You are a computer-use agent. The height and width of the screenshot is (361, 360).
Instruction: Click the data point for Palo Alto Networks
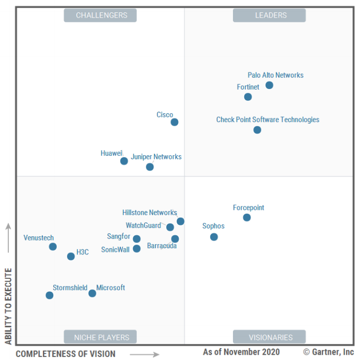click(x=269, y=85)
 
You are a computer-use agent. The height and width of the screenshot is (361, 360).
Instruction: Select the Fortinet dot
click(x=248, y=97)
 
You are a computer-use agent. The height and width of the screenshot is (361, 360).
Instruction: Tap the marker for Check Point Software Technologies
click(x=257, y=130)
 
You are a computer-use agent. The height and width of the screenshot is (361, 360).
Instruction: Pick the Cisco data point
click(x=175, y=122)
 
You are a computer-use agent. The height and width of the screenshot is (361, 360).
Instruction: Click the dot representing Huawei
click(x=124, y=161)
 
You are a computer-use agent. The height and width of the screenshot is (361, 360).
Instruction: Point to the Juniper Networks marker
click(x=150, y=167)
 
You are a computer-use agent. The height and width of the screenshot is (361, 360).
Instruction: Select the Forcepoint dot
click(x=247, y=217)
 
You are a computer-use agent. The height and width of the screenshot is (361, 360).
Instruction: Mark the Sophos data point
click(x=214, y=237)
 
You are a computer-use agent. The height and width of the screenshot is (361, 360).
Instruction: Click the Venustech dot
click(x=53, y=247)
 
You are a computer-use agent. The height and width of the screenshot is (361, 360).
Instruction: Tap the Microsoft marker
click(x=92, y=293)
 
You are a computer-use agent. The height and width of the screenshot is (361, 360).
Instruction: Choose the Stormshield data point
click(x=50, y=295)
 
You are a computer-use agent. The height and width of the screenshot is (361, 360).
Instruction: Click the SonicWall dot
click(x=136, y=249)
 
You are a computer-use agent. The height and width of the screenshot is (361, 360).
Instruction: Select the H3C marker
click(x=71, y=257)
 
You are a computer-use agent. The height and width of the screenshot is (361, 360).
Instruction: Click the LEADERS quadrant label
click(x=269, y=16)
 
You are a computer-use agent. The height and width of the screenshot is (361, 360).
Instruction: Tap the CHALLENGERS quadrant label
click(x=100, y=16)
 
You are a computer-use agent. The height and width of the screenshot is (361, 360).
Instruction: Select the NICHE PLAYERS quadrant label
click(x=100, y=337)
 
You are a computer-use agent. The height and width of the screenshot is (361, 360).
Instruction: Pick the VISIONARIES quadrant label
click(x=269, y=337)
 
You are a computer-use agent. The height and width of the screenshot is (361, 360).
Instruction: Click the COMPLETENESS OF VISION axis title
click(x=66, y=354)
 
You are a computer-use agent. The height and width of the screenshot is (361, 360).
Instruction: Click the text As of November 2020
click(x=241, y=352)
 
